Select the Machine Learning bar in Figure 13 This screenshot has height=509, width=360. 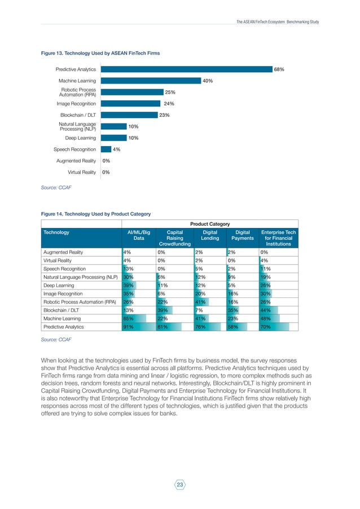coord(150,81)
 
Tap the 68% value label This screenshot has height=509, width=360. coord(279,69)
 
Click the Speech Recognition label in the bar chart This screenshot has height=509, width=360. coord(74,149)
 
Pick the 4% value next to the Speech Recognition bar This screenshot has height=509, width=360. coord(116,149)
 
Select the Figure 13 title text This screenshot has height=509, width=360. coord(100,53)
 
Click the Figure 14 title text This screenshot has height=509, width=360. coord(96,214)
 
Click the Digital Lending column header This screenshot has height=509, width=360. coord(210,235)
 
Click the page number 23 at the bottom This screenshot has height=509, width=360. coord(180,485)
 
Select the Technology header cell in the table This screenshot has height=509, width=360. coord(56,232)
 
